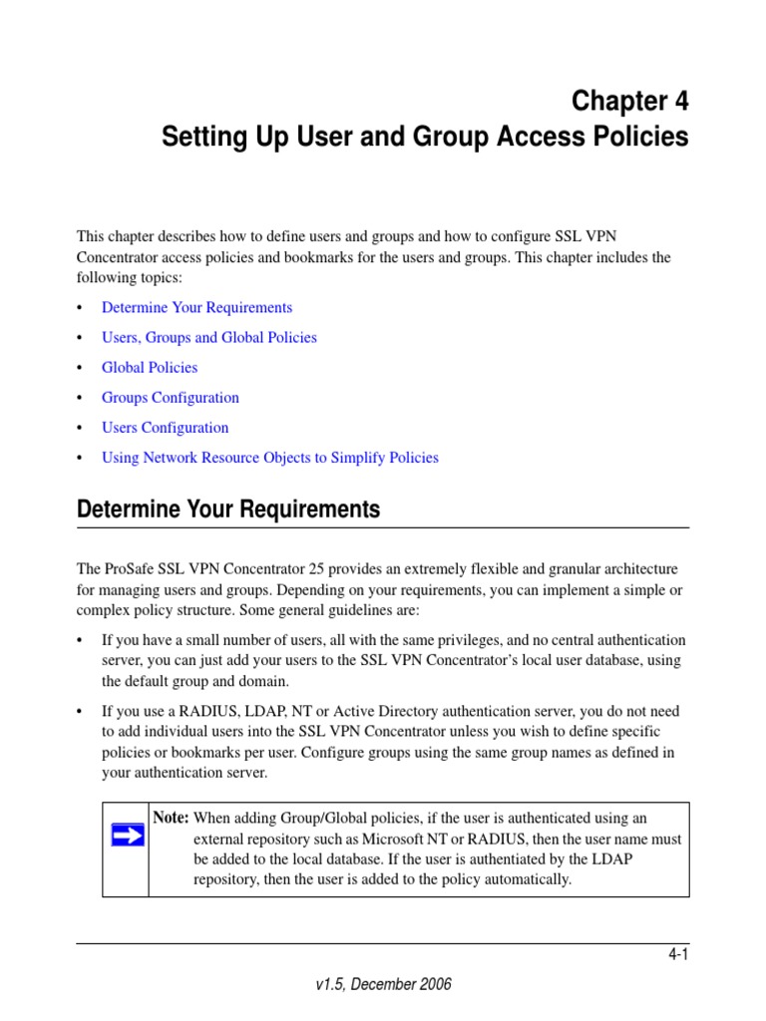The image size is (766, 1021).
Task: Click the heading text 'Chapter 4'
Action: coord(628,101)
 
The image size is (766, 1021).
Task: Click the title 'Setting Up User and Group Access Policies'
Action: coord(425,137)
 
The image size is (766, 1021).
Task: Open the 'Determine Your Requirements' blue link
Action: coord(196,307)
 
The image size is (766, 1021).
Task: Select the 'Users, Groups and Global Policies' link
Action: coord(208,337)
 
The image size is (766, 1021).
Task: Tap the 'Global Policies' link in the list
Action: coord(150,367)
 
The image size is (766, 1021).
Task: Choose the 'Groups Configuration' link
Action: coord(170,397)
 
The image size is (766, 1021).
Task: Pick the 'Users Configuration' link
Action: coord(165,427)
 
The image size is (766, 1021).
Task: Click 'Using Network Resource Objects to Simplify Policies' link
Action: coord(269,458)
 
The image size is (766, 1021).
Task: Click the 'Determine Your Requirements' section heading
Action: coord(228,510)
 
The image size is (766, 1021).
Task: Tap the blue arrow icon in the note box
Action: coord(126,835)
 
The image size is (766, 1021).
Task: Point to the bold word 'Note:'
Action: coord(171,818)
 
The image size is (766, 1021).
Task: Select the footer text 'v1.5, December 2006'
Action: coord(383,984)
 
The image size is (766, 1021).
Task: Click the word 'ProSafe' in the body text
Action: coord(130,568)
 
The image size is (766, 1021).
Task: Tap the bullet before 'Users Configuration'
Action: coord(81,428)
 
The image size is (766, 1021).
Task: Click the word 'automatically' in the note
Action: coord(529,879)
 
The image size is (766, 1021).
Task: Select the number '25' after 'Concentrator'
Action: coord(318,568)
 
